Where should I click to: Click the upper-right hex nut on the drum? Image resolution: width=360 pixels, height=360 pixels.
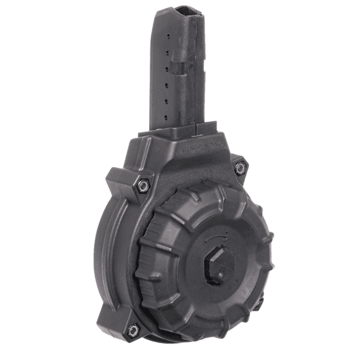click(x=240, y=167)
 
